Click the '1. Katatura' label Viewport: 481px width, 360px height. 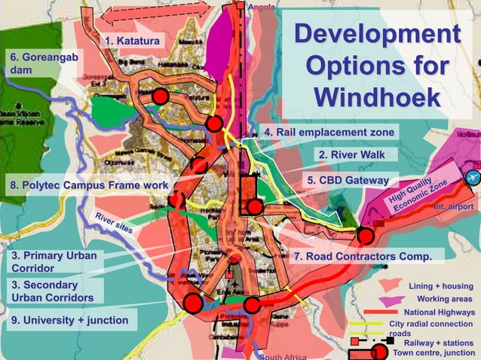[133, 40]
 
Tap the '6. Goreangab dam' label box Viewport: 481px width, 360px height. [42, 63]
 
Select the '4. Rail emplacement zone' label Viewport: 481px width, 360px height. [329, 132]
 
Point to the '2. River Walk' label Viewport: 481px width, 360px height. [351, 154]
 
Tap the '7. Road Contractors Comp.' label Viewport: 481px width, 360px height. [363, 256]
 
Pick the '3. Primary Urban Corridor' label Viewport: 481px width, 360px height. [53, 262]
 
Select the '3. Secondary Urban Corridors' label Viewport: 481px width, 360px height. [53, 291]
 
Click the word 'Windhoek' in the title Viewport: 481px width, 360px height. [376, 97]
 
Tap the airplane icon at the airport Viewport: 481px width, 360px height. [473, 178]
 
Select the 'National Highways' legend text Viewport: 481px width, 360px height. [440, 312]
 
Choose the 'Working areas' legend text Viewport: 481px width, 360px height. [444, 299]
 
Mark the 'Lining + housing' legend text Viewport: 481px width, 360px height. [441, 286]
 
